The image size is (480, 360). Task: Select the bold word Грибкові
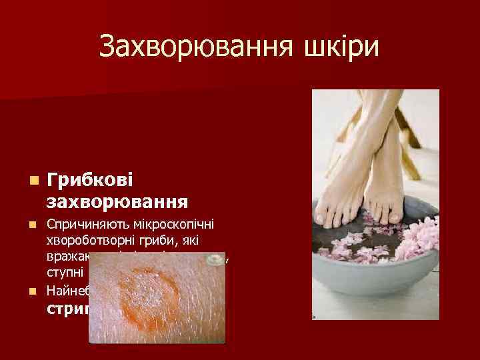click(x=91, y=181)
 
